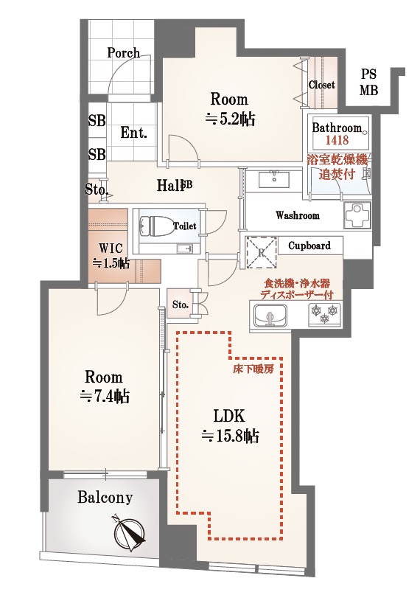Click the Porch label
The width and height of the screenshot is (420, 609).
coord(124,53)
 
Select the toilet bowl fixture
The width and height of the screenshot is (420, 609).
coord(157,226)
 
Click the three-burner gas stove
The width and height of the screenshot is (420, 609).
coord(324,314)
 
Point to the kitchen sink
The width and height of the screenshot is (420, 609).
coord(270,315)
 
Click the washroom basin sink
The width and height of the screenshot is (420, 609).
coord(275,179)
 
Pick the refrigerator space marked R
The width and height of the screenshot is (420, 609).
coord(262,253)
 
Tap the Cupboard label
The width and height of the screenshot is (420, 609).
coord(309,246)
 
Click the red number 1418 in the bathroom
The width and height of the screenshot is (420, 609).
coord(337,140)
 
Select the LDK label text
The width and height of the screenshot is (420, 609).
coord(229,417)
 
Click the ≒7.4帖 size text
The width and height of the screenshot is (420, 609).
coord(105,397)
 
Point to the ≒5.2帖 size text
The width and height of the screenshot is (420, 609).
coord(230,119)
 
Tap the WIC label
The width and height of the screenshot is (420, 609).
coord(111,248)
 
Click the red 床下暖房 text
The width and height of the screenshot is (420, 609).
coord(253,369)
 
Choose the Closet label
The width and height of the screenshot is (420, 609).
coord(321,85)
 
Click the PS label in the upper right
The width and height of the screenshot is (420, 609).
coord(368,74)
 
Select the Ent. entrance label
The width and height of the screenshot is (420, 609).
coord(133,133)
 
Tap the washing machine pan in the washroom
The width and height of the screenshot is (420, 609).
coord(357,215)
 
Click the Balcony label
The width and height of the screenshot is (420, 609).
coord(105,498)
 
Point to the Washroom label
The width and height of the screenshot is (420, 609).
coord(298,215)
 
